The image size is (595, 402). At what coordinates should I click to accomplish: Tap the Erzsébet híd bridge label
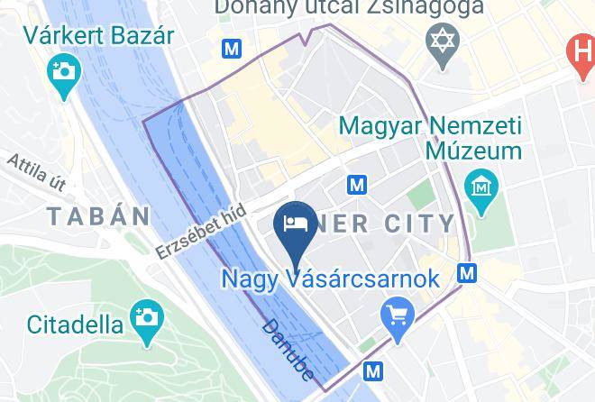coord(200,229)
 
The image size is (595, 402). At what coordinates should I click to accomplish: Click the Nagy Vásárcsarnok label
coord(331,279)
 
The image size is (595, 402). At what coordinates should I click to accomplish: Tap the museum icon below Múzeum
coord(483,187)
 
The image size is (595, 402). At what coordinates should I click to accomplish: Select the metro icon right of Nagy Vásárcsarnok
coord(466,271)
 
